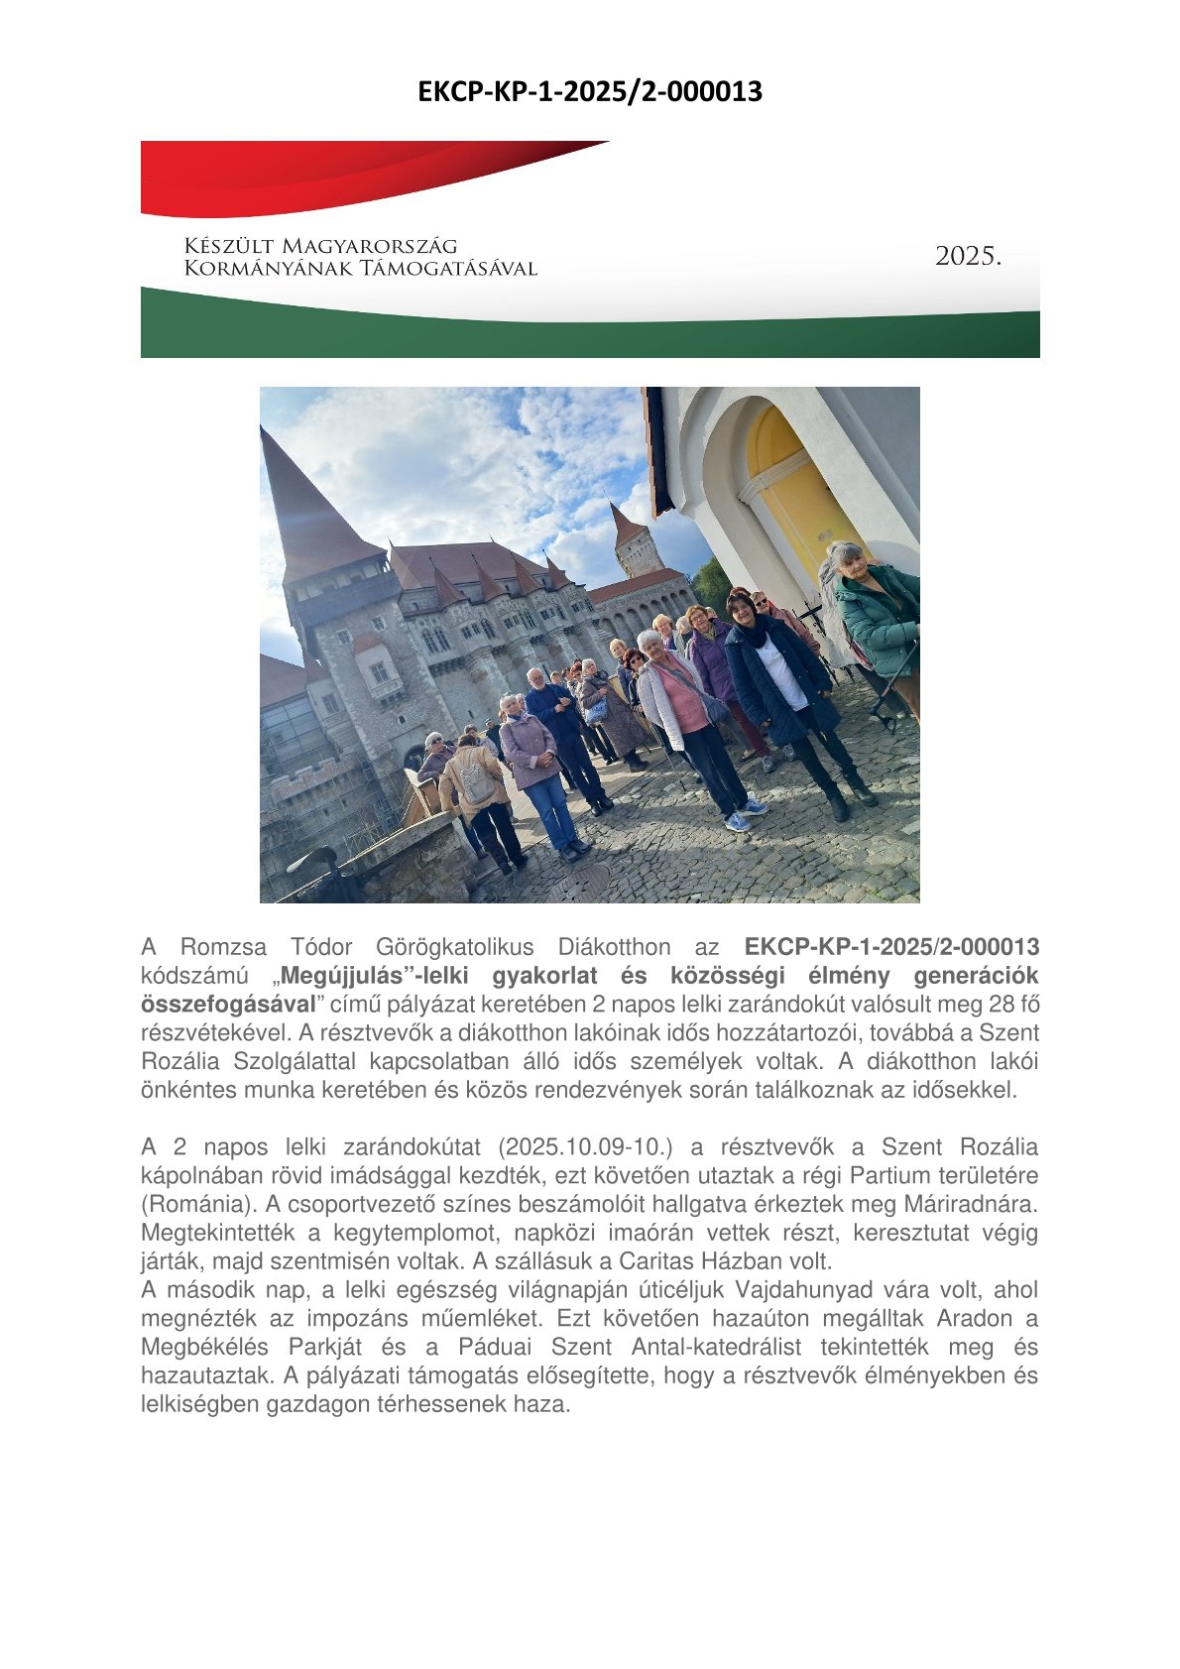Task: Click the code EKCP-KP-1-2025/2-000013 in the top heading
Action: (x=589, y=92)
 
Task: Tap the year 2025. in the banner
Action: (x=968, y=257)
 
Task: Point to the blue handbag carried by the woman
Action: (x=596, y=710)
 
